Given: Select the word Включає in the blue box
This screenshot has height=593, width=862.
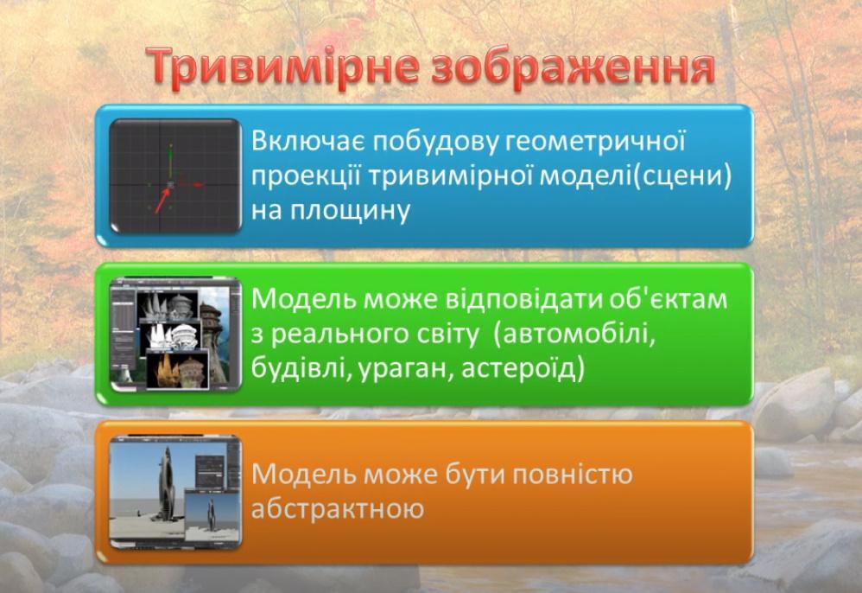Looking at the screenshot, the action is click(x=307, y=141).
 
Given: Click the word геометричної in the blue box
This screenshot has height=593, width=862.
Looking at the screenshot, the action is click(x=595, y=142).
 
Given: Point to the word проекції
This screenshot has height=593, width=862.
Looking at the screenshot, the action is click(x=306, y=177).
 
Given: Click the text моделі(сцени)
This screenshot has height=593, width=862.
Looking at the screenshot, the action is click(x=636, y=177).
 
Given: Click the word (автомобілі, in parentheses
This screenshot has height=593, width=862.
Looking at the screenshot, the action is click(x=574, y=334).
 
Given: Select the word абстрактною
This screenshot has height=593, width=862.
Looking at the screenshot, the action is click(x=338, y=508).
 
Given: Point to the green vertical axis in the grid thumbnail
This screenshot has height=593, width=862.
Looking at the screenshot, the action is click(x=170, y=163).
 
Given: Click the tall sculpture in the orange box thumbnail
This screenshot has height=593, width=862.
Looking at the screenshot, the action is click(x=167, y=485).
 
